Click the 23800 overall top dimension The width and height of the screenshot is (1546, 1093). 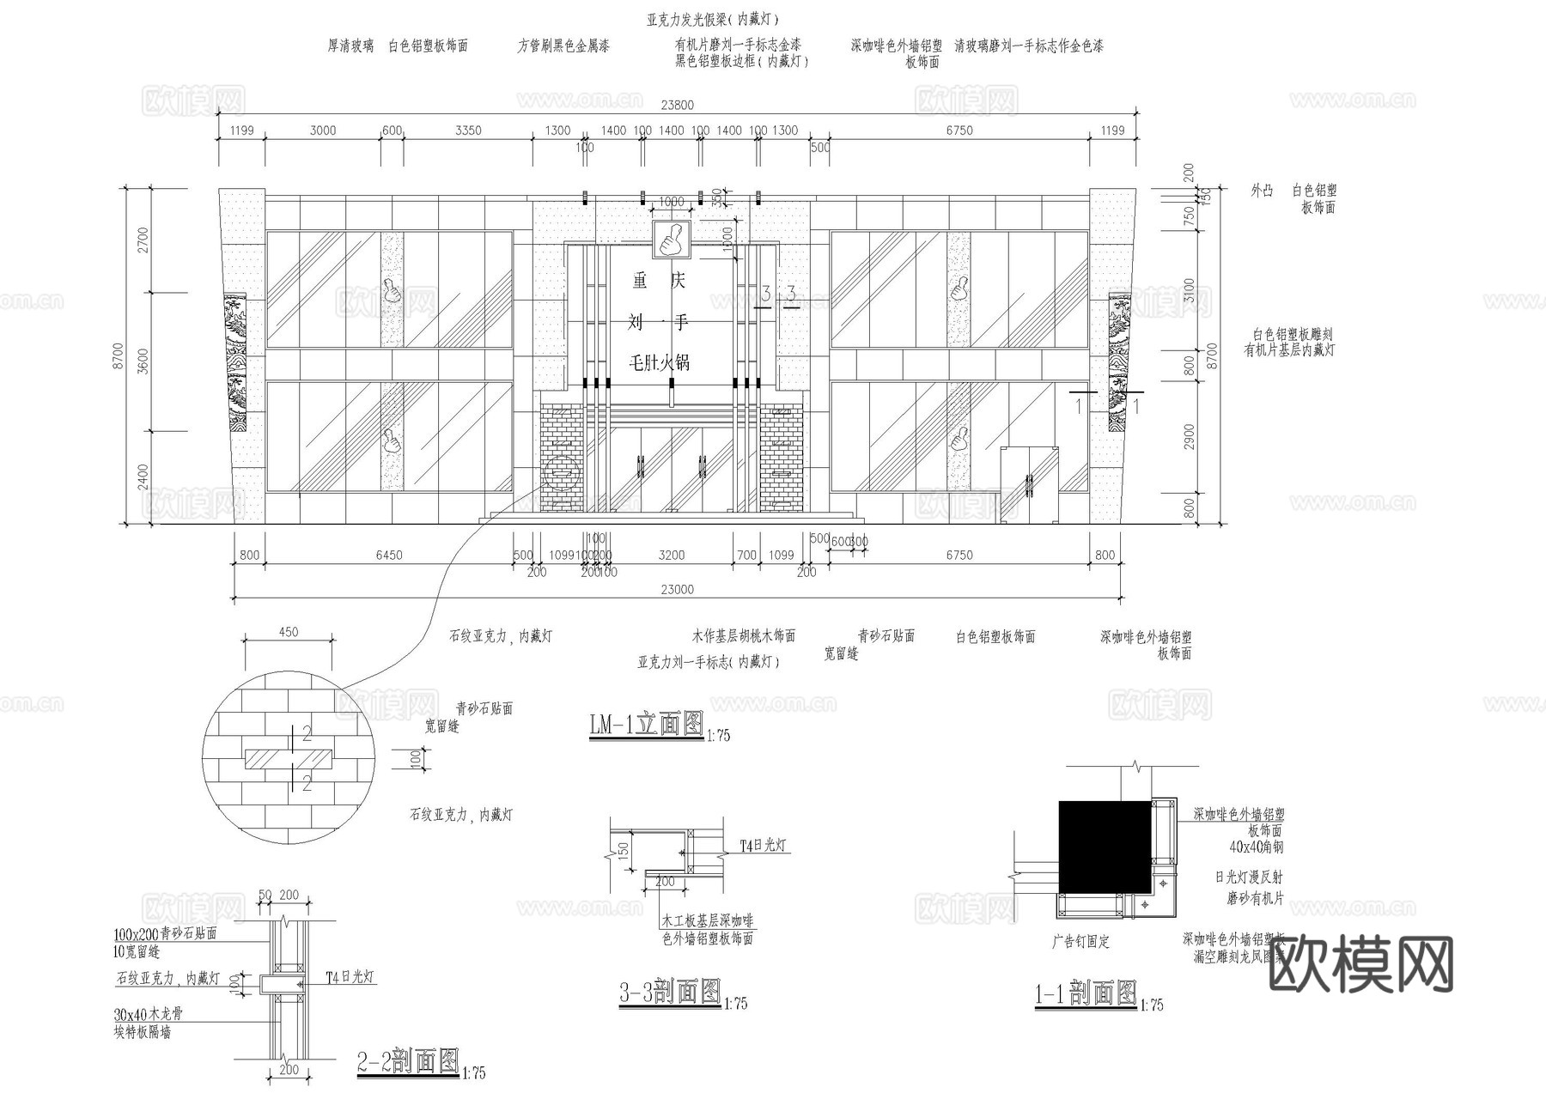click(x=677, y=106)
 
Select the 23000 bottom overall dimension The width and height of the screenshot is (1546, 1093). click(x=677, y=590)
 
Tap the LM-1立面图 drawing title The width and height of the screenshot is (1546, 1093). click(x=646, y=725)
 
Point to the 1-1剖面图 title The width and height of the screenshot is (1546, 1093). click(x=1086, y=994)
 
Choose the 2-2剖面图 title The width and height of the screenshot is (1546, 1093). click(x=408, y=1062)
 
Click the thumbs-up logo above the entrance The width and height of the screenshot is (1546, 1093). click(x=671, y=240)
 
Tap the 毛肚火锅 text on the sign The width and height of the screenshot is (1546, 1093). click(x=660, y=362)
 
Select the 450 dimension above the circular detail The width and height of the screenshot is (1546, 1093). click(x=289, y=632)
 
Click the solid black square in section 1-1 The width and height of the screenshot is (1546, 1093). click(x=1104, y=847)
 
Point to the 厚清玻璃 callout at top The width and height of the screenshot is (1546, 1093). click(x=350, y=46)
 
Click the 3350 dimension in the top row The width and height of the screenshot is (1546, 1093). click(x=468, y=131)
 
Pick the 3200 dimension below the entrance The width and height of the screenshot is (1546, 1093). click(x=671, y=556)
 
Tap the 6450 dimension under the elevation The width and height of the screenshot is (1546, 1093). click(x=388, y=556)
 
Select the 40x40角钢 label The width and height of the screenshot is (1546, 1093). click(x=1256, y=847)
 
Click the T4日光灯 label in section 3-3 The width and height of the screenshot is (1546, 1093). click(x=764, y=846)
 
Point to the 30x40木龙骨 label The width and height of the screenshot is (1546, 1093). click(x=149, y=1014)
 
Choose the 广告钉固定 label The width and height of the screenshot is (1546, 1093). click(x=1080, y=942)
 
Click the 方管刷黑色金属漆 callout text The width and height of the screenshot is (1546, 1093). click(x=563, y=46)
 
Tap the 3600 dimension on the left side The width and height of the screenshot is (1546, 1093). click(x=143, y=361)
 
